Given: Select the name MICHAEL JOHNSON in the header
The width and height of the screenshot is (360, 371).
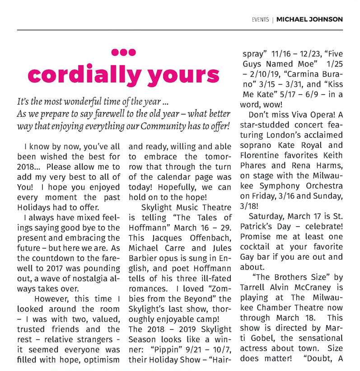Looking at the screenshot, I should point(309,19).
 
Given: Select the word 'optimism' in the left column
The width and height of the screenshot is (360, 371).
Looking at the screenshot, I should point(103,360).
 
